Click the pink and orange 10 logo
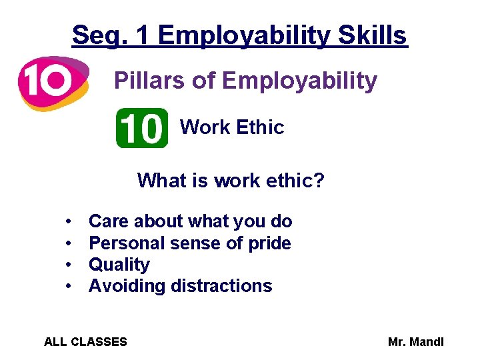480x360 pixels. (x=52, y=82)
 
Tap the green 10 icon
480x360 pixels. (x=142, y=128)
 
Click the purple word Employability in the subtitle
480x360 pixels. (x=299, y=81)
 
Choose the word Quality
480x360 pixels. (x=119, y=265)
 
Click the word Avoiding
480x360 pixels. (x=127, y=286)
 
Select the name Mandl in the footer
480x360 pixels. (x=426, y=342)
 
